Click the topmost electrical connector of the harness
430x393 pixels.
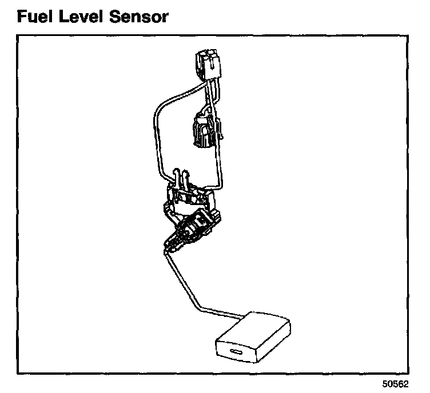208,65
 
